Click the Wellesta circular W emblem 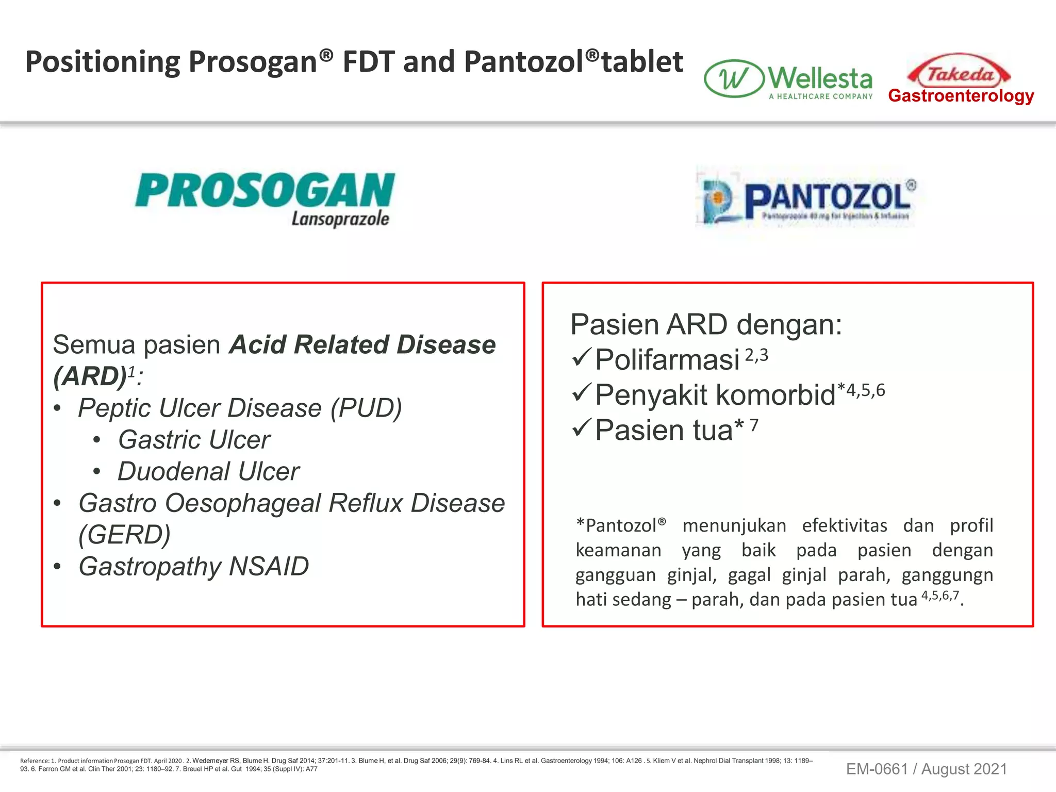coord(734,79)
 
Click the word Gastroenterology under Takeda coord(961,96)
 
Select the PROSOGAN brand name coord(265,191)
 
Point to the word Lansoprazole coord(340,219)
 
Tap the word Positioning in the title coord(102,62)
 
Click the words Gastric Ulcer coord(194,440)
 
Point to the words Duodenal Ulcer coord(208,471)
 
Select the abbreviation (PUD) coord(366,408)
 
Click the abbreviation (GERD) coord(124,535)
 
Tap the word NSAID coord(269,566)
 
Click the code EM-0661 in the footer coord(877,769)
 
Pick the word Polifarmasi coord(667,359)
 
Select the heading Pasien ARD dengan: coord(706,325)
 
